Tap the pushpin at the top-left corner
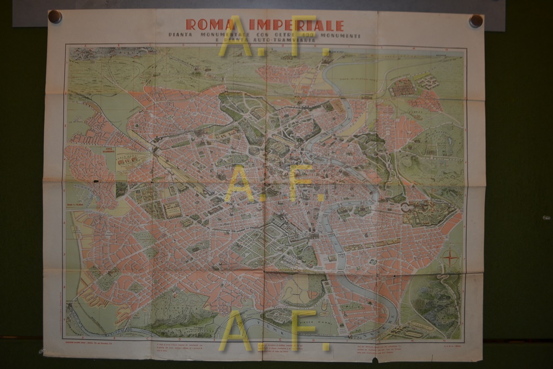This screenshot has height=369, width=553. (55, 17)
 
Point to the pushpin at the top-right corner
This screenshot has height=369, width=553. (476, 21)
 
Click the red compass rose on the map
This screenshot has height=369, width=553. (451, 257)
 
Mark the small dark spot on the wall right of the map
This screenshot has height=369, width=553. (546, 217)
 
